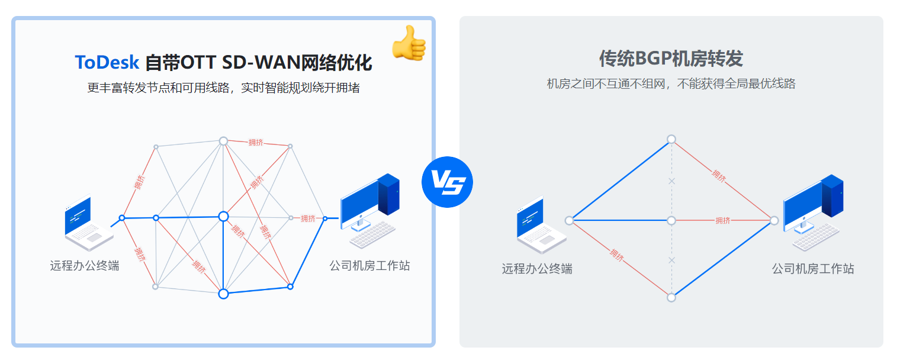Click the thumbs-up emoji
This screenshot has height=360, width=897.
coord(409,43)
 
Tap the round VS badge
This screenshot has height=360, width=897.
coord(447,182)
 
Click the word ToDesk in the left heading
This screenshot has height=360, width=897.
coord(107,62)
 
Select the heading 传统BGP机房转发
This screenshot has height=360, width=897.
coord(671,59)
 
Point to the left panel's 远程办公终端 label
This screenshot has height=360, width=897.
coord(85,266)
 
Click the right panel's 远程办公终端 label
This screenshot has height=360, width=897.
coord(537,269)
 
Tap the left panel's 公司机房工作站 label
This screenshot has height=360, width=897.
coord(369,266)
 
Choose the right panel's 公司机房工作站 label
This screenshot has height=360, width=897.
coord(813,269)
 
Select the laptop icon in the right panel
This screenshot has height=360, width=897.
coord(540,224)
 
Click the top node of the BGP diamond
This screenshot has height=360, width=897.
coord(671,139)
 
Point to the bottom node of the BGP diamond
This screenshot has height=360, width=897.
coord(671,297)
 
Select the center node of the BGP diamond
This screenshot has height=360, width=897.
coord(671,220)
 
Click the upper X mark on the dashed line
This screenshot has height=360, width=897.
coord(671,181)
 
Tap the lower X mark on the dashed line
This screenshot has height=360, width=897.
coord(671,260)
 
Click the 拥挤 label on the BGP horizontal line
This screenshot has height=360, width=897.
coord(723,220)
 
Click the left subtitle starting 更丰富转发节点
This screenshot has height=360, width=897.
coord(224,88)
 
